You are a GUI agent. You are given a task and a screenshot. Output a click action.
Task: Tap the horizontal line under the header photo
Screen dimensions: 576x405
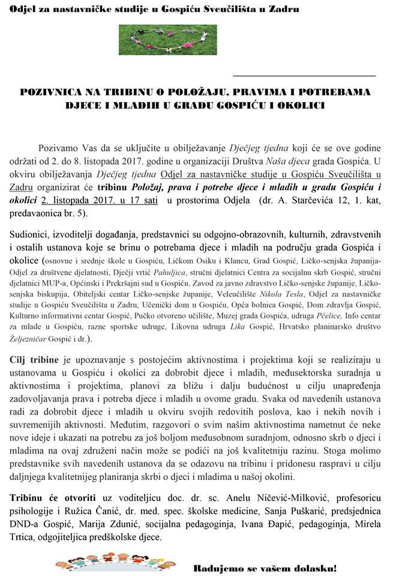[304, 76]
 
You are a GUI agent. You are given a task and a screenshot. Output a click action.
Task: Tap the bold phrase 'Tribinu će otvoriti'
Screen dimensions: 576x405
[52, 498]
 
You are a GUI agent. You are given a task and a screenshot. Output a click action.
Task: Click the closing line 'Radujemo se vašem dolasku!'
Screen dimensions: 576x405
[265, 568]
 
